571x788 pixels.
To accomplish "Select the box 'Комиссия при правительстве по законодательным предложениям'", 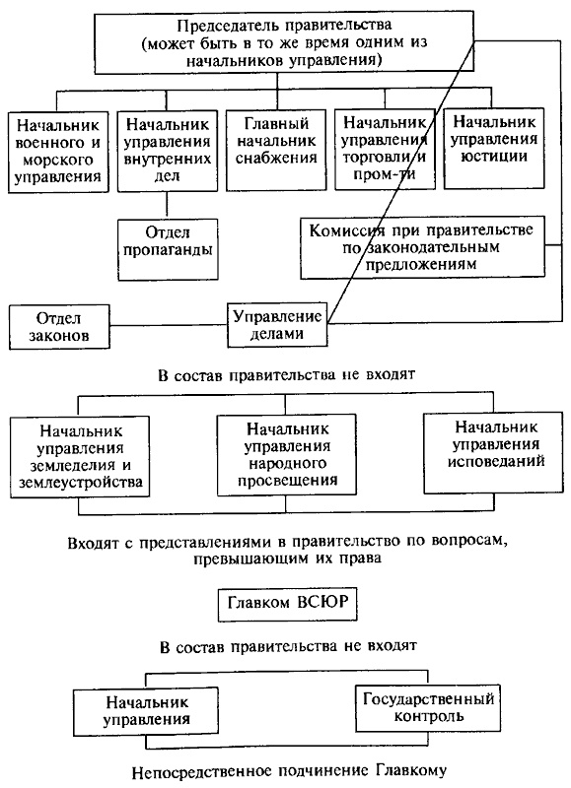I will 420,246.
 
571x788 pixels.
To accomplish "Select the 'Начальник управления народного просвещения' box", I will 285,454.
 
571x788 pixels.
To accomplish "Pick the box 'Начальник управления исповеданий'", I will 496,448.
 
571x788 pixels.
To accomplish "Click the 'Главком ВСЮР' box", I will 285,603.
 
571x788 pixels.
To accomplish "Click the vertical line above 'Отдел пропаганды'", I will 166,204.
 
